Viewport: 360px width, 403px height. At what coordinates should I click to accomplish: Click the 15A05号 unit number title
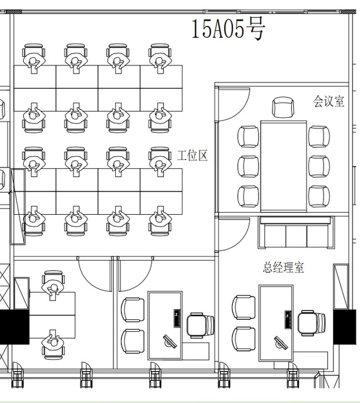point(228,29)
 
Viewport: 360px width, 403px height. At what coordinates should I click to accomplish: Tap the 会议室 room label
point(329,101)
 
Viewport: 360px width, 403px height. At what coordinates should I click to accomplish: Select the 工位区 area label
point(193,156)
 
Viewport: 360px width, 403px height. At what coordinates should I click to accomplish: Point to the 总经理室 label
point(283,267)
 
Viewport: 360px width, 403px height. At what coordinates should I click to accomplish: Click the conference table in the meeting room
point(284,166)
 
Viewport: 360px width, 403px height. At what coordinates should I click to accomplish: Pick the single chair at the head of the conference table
point(283,107)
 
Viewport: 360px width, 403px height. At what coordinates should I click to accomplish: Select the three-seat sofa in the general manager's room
point(296,232)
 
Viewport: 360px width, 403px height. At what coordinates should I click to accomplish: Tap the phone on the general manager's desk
point(288,319)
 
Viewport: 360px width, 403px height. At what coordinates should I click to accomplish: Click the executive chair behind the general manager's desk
point(312,323)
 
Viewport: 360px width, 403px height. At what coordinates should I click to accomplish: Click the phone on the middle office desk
point(177,318)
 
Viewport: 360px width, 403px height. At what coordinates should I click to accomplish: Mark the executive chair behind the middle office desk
point(200,325)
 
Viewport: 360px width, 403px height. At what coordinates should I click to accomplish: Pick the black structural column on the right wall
point(345,327)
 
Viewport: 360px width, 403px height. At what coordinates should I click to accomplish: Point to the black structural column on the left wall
point(14,327)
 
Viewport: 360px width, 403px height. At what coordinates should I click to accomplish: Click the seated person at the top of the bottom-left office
point(53,285)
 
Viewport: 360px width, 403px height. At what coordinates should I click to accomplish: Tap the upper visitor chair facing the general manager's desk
point(244,307)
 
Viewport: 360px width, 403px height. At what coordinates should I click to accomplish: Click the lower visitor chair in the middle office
point(133,341)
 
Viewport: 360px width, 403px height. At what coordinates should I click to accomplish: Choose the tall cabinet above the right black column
point(341,287)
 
